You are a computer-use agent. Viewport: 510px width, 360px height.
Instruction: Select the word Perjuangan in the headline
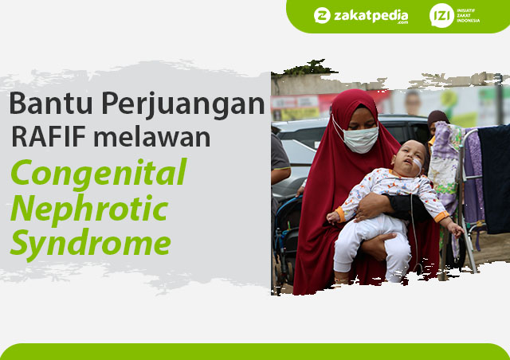tap(183, 105)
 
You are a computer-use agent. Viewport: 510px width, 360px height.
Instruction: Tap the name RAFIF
tap(49, 136)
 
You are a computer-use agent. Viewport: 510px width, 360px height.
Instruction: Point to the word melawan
tap(152, 136)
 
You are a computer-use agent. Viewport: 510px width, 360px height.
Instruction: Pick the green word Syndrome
tap(91, 245)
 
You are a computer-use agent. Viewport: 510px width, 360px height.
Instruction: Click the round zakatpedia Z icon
tap(322, 15)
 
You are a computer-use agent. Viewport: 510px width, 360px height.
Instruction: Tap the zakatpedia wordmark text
tap(371, 16)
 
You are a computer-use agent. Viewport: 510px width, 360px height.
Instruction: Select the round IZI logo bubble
tap(441, 15)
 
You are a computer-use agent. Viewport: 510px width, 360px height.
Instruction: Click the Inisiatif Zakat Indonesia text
tap(468, 15)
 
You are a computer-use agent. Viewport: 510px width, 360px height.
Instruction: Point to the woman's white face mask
tap(360, 139)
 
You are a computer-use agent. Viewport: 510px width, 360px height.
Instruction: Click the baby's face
tap(409, 158)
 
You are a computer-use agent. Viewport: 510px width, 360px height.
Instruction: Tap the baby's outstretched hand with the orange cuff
tap(457, 229)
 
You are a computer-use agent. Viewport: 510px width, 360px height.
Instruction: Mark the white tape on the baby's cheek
tap(418, 163)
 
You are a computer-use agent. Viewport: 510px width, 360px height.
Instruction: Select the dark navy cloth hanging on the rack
tap(494, 179)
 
